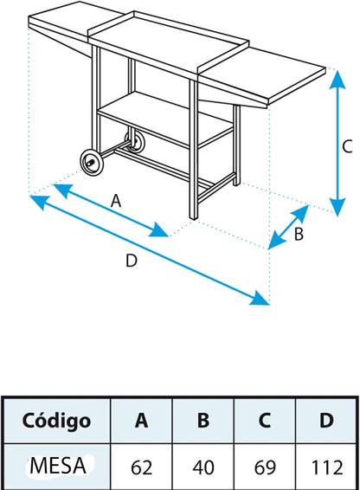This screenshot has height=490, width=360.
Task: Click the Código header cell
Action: tap(56, 421)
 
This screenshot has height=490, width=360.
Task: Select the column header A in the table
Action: tap(141, 421)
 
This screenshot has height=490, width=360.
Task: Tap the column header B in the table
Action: tap(203, 421)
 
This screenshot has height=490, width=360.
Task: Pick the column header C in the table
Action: tap(265, 421)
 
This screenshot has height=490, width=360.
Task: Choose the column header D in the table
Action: tap(326, 421)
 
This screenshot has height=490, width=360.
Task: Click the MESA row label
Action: tap(58, 466)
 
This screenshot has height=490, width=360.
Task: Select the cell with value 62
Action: tap(141, 467)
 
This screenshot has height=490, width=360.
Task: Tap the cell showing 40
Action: tap(203, 467)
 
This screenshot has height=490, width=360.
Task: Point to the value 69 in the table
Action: tap(265, 467)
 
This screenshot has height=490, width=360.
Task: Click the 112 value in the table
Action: tap(327, 467)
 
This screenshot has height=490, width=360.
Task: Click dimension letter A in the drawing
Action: tap(116, 201)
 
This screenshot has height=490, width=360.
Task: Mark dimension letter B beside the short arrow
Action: tap(299, 234)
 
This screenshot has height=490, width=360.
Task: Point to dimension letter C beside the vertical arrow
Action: tap(347, 146)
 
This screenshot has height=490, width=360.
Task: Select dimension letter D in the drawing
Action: tap(132, 261)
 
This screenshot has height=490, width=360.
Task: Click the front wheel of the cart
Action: tap(92, 162)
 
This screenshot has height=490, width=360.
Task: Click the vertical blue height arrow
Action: tap(337, 144)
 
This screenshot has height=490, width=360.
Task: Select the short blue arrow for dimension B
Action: tap(288, 227)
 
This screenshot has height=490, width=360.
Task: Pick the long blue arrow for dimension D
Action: tap(150, 249)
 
